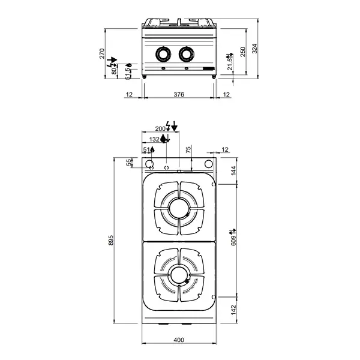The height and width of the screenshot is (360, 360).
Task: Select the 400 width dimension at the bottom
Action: tap(179, 340)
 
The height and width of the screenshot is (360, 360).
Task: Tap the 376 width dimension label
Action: tap(179, 95)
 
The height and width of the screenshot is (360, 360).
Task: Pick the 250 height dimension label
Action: tap(243, 52)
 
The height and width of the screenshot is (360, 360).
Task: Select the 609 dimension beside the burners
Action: tap(234, 239)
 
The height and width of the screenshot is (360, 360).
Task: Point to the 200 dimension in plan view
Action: tap(160, 128)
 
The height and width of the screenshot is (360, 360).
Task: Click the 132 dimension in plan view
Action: tap(155, 139)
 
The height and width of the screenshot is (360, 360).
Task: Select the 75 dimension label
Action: tap(188, 149)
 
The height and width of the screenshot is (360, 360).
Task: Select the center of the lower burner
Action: tap(178, 275)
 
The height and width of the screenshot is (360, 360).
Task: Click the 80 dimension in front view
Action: tap(115, 71)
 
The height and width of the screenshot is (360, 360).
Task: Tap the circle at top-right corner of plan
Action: tap(208, 165)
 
